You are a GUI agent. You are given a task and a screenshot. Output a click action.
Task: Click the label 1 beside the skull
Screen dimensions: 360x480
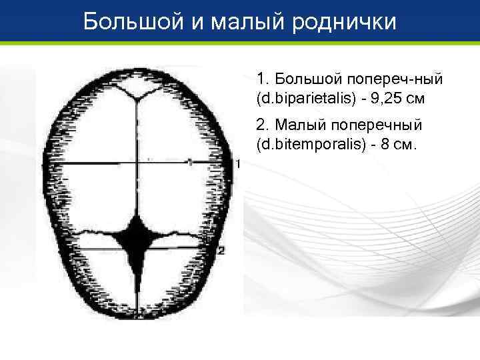237,163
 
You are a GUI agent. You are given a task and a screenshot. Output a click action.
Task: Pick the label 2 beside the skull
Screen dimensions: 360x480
222,250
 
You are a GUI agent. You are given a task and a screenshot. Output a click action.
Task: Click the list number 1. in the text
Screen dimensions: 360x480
262,79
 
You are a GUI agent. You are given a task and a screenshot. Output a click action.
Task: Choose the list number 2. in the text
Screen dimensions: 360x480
262,125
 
